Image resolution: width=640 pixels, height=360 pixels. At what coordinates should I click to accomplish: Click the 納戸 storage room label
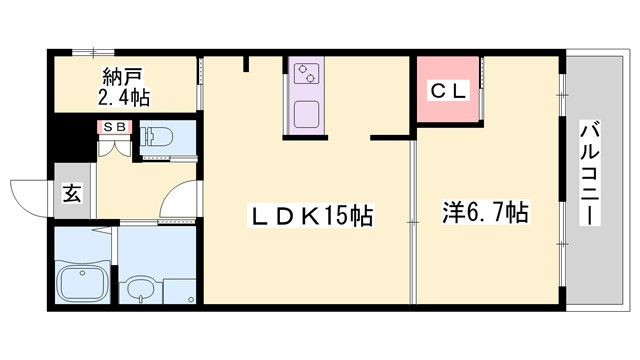coord(125,77)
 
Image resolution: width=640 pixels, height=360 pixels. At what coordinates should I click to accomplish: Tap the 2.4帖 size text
coord(125,98)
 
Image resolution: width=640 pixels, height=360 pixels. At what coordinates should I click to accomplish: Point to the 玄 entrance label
coord(73,192)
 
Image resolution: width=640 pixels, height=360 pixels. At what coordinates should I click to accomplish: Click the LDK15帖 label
coord(311,215)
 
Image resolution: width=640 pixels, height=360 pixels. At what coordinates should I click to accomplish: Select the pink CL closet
coord(448,90)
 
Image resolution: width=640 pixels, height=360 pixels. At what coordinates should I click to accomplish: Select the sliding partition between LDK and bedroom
coord(412,220)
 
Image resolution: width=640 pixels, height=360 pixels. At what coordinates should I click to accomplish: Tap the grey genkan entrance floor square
coord(73,192)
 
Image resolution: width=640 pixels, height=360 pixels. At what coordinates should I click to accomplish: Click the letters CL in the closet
coord(448,90)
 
